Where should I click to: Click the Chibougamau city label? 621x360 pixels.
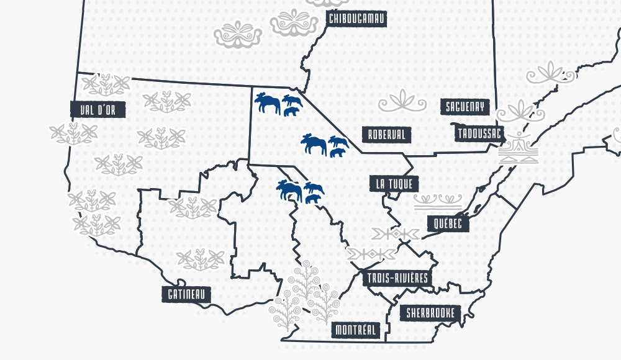pyautogui.click(x=356, y=19)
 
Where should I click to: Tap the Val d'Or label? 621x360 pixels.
pyautogui.click(x=98, y=110)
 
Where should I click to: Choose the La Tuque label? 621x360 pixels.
pyautogui.click(x=394, y=184)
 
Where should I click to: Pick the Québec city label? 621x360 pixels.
pyautogui.click(x=448, y=223)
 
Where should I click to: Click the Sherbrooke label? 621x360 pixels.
pyautogui.click(x=430, y=313)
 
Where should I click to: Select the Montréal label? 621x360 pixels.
pyautogui.click(x=356, y=330)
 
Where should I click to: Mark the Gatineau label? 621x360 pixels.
pyautogui.click(x=186, y=294)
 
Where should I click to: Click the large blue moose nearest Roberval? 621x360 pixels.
pyautogui.click(x=314, y=145)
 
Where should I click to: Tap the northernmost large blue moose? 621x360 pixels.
pyautogui.click(x=268, y=102)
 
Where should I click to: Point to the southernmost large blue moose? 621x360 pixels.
pyautogui.click(x=289, y=190)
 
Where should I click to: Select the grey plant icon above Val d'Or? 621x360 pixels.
pyautogui.click(x=106, y=83)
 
